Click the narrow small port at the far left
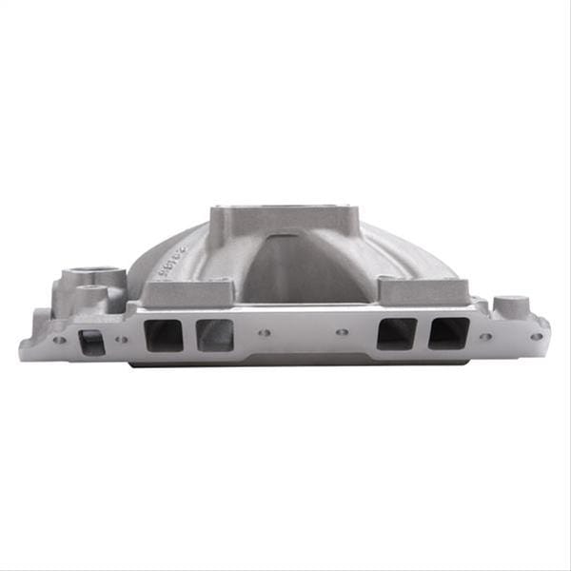pos(91,341)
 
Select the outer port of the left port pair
pos(163,335)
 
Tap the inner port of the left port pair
pos(214,335)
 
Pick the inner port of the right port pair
pos(396,333)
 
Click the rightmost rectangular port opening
pos(448,333)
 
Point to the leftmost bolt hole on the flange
pos(60,340)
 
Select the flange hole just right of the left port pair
pos(265,334)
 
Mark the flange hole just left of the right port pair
pos(343,333)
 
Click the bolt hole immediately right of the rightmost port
pos(485,335)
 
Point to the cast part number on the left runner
pos(175,263)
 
